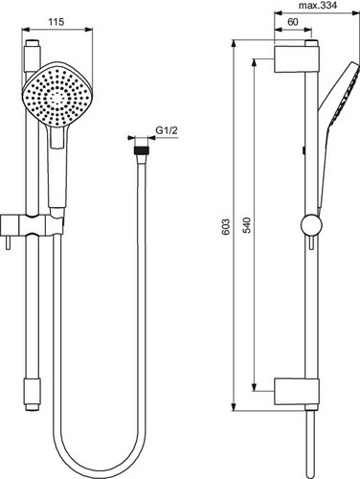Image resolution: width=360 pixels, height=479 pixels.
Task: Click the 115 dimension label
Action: click(56, 22)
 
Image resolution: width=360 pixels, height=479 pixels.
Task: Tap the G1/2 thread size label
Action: click(167, 130)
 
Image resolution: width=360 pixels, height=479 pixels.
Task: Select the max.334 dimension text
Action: click(318, 5)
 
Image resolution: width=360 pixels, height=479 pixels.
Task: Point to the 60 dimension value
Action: click(293, 22)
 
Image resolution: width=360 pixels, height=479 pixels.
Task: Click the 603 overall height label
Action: click(226, 227)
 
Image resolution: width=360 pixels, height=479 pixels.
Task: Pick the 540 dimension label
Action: click(247, 225)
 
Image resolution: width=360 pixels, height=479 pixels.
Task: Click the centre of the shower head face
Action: click(57, 96)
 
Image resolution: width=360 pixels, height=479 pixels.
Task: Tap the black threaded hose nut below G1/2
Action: click(141, 150)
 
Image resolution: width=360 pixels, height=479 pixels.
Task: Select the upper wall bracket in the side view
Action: click(297, 59)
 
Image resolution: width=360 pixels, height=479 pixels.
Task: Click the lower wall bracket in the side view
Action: click(297, 392)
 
